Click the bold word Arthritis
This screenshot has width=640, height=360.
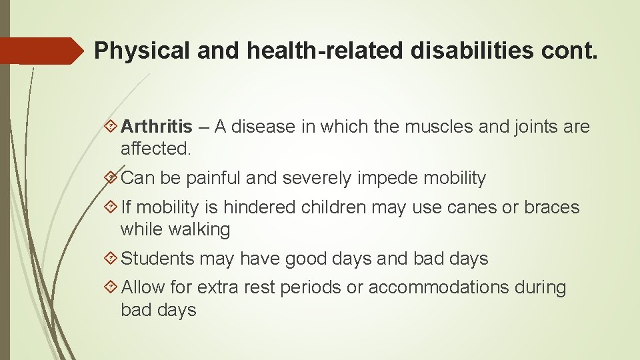point(157,126)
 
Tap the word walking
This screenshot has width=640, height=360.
point(198,230)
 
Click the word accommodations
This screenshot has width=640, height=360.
point(439,287)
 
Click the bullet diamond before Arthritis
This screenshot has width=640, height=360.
point(111,126)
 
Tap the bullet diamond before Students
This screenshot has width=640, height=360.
point(111,259)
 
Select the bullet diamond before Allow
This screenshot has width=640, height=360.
point(111,287)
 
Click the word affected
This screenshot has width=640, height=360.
point(155,149)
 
